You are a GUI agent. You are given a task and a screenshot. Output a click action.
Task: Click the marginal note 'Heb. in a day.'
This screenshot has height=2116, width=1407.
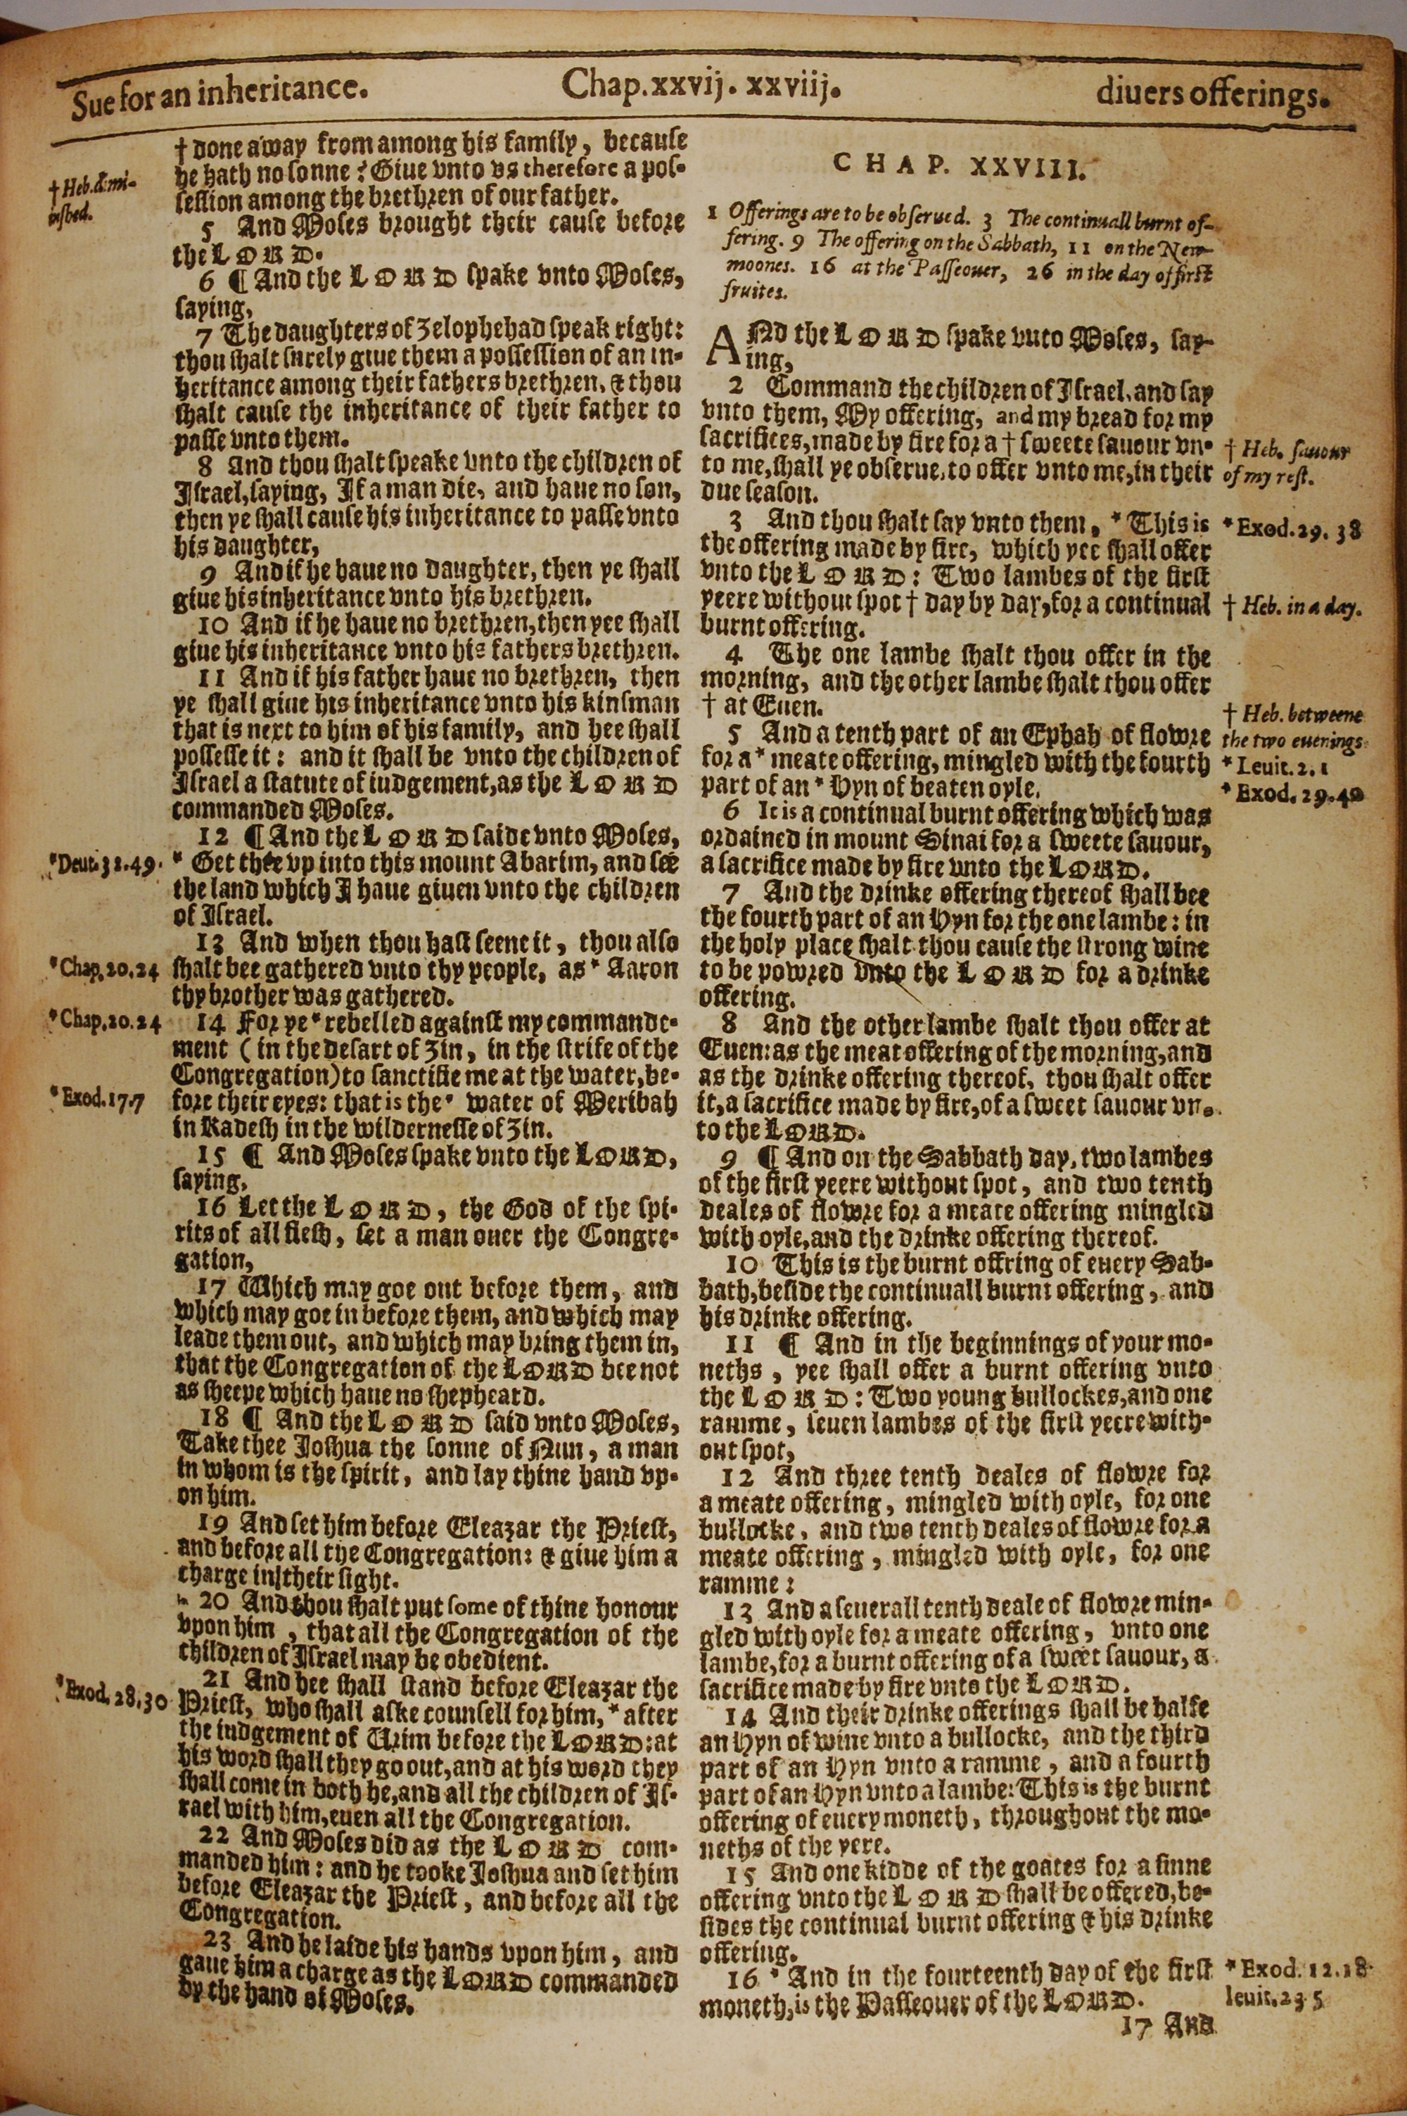[1293, 607]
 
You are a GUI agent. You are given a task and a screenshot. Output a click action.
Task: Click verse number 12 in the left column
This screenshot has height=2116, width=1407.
[212, 838]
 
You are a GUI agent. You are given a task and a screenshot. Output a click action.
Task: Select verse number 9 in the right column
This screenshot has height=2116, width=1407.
[733, 1158]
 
